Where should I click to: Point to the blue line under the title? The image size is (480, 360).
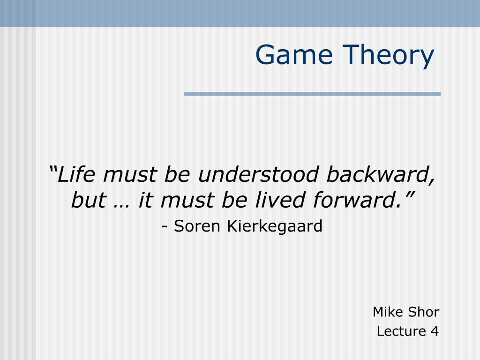pos(312,94)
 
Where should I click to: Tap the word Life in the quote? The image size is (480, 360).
pos(76,174)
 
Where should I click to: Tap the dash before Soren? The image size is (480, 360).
pos(165,227)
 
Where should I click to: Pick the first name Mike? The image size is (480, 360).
pos(388,312)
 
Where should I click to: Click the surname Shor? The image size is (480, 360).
pos(424,312)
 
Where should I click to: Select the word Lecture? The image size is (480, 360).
pos(401,331)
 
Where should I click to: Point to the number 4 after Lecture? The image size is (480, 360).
pos(435,331)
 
